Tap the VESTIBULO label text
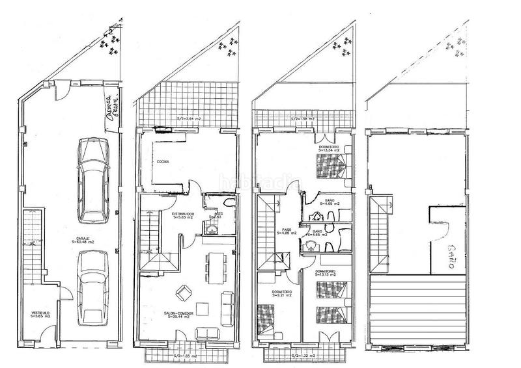pyautogui.click(x=40, y=315)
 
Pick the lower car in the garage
pyautogui.click(x=92, y=287)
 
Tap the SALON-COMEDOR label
pyautogui.click(x=178, y=315)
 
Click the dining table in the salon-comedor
pyautogui.click(x=213, y=267)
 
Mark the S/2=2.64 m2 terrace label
pyautogui.click(x=190, y=119)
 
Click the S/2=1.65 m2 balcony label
pyautogui.click(x=184, y=356)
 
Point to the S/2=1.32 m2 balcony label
pyautogui.click(x=303, y=356)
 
